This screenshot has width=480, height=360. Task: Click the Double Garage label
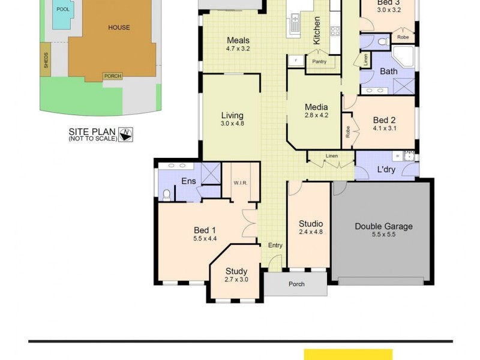pos(383,226)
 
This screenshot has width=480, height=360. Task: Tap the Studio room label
pos(311,224)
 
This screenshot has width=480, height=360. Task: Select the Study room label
pos(236,271)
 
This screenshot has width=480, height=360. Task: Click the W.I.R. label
pos(241,182)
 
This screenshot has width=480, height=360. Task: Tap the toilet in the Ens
pos(167,194)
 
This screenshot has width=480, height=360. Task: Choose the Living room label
pos(232,116)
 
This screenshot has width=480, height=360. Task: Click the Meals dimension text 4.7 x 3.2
pos(238,49)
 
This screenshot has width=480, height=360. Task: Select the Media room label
pos(316,107)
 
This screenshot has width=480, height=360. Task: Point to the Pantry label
pos(319,61)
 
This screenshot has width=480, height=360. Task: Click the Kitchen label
pos(317,30)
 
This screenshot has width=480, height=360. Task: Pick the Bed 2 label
pos(384,119)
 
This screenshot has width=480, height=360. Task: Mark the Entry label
pos(275,245)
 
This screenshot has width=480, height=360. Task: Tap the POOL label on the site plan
pos(62,9)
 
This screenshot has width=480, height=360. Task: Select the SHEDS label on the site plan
pos(46,61)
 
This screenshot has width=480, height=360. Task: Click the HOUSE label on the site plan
pos(119,27)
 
